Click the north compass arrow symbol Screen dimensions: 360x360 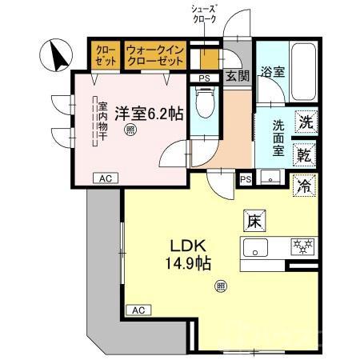(57, 56)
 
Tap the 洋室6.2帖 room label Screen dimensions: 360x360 (148, 114)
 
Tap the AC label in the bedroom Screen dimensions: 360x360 (104, 178)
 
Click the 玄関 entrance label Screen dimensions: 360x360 (236, 77)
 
